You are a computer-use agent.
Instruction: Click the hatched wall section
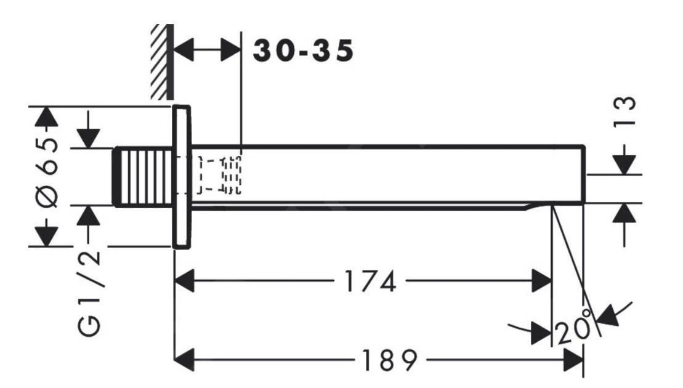pos(162,62)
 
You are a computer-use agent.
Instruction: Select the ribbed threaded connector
pos(143,176)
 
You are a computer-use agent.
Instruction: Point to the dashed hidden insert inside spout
pos(219,176)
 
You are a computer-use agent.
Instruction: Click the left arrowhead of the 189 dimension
pos(185,359)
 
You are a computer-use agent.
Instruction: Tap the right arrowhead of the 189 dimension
pos(573,359)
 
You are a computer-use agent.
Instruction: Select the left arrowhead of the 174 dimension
pos(185,283)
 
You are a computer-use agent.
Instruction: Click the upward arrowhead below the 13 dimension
pos(626,214)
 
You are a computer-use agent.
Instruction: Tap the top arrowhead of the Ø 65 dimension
pos(44,116)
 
